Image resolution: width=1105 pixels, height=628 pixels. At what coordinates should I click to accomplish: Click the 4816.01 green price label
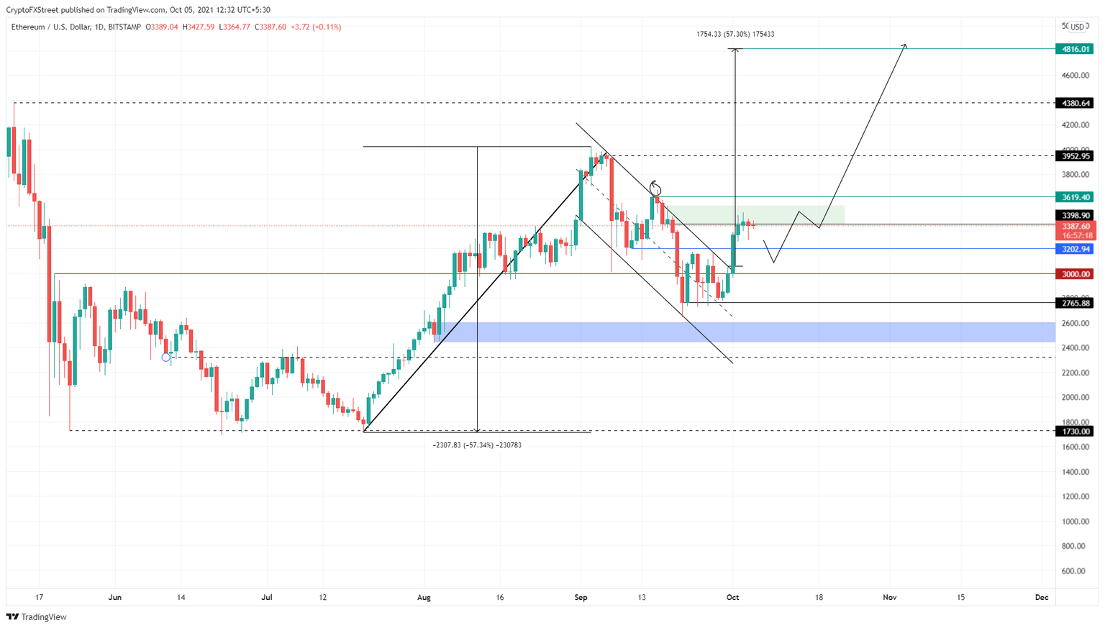1073,49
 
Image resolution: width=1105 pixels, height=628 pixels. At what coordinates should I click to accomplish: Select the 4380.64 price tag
1073,103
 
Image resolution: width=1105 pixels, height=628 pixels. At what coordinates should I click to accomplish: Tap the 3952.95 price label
1073,156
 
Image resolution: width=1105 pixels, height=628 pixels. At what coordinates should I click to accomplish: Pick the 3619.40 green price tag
1073,197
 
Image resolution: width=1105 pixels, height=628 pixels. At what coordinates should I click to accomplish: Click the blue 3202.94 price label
1073,249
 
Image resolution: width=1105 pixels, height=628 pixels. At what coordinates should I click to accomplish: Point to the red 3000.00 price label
1073,274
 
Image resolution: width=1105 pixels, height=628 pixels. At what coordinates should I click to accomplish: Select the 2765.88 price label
1073,303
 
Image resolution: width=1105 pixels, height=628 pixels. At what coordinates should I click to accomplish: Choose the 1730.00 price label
1073,432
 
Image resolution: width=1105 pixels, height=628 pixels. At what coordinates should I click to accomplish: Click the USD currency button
1076,27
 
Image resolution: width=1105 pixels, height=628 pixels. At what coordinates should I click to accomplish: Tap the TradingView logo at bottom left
37,616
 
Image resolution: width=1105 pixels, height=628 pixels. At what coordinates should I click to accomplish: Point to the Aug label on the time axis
424,597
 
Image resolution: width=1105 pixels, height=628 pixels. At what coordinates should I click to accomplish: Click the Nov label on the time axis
890,597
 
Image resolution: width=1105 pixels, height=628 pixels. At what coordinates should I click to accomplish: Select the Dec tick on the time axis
1041,597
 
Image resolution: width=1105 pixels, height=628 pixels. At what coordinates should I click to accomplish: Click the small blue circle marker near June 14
166,358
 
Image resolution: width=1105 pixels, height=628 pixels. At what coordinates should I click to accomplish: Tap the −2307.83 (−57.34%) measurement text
477,445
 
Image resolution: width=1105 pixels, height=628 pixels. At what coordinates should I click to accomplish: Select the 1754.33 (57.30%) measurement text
735,34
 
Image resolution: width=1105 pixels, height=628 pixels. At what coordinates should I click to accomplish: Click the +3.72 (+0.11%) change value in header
316,27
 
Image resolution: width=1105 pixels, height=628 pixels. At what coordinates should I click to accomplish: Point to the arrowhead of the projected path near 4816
905,46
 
